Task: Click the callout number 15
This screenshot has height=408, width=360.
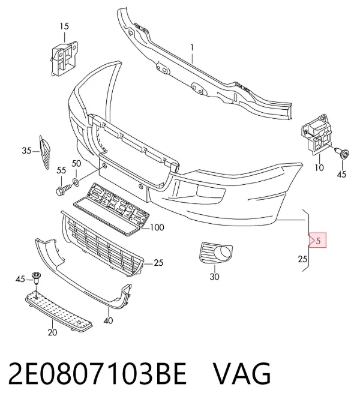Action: click(64, 26)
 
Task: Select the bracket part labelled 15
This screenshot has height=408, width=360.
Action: click(64, 58)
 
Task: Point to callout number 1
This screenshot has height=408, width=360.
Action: click(192, 47)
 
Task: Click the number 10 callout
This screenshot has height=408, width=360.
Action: click(319, 167)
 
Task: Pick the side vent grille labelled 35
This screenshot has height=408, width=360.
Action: click(45, 152)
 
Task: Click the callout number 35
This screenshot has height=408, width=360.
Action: click(26, 151)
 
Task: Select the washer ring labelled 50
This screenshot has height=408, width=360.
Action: click(76, 182)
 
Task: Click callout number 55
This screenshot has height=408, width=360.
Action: click(61, 170)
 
